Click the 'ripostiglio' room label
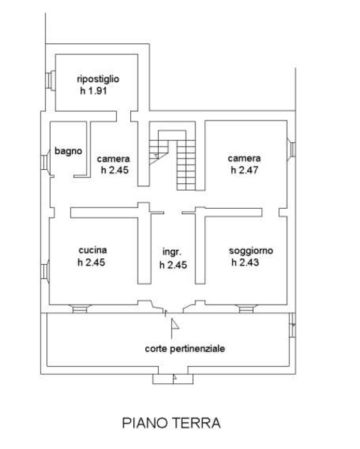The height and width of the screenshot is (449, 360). tap(98, 79)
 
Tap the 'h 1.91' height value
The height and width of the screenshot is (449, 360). tap(94, 91)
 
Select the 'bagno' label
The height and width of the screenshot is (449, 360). tap(68, 151)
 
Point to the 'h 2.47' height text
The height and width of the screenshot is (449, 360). tap(245, 170)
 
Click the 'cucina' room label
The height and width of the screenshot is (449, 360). tap(93, 250)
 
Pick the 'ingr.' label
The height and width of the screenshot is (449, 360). tap(172, 252)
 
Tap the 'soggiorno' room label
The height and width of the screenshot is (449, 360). tap(251, 251)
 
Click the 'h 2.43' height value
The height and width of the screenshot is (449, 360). tap(245, 263)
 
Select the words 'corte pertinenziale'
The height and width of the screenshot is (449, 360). tap(185, 349)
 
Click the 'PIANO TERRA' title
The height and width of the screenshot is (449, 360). tap(171, 423)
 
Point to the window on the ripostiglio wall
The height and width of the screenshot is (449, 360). tap(50, 81)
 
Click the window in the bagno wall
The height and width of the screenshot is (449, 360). tap(46, 162)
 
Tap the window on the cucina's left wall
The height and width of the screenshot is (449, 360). tap(45, 271)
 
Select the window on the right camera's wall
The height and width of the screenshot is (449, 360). tap(291, 149)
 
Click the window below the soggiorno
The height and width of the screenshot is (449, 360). tap(246, 309)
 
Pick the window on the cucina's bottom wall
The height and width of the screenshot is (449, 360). tap(79, 309)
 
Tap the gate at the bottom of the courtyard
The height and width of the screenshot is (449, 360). tap(173, 379)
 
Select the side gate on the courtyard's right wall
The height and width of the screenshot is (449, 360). tap(292, 325)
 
